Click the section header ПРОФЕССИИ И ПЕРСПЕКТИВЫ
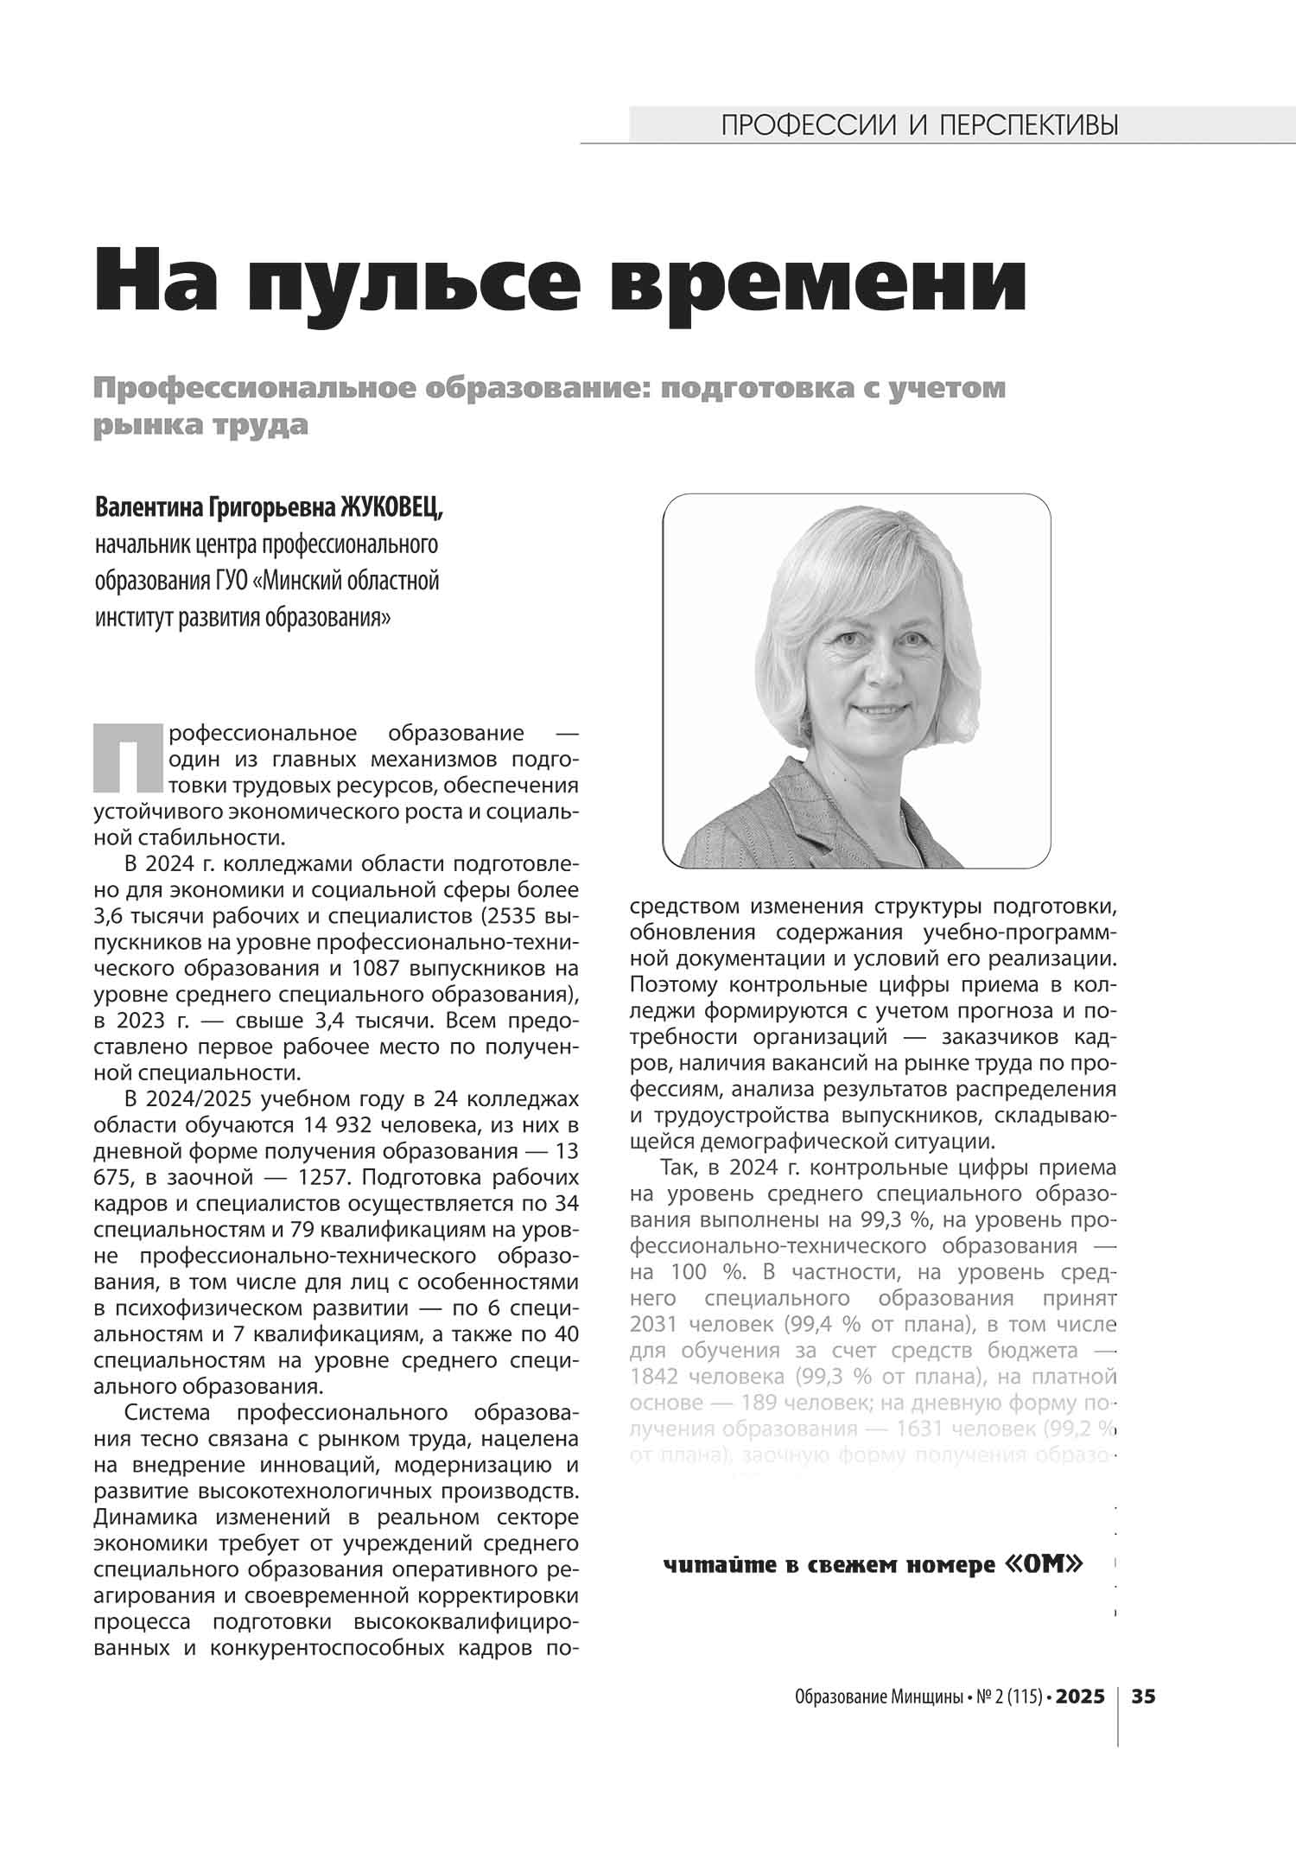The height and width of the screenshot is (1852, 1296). pyautogui.click(x=919, y=126)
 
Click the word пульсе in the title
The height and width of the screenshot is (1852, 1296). pyautogui.click(x=422, y=280)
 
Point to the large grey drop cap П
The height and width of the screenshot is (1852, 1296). pyautogui.click(x=127, y=757)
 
